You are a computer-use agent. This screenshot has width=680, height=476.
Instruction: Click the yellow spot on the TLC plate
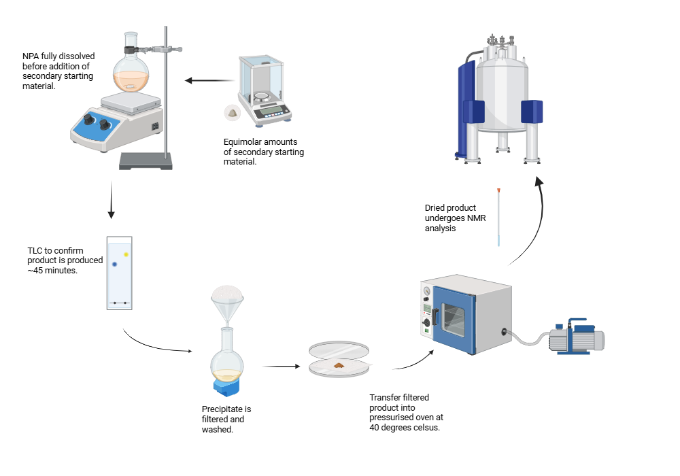126,254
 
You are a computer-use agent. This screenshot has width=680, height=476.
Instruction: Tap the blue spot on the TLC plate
115,264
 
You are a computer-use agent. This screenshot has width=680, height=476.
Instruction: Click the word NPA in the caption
31,56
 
